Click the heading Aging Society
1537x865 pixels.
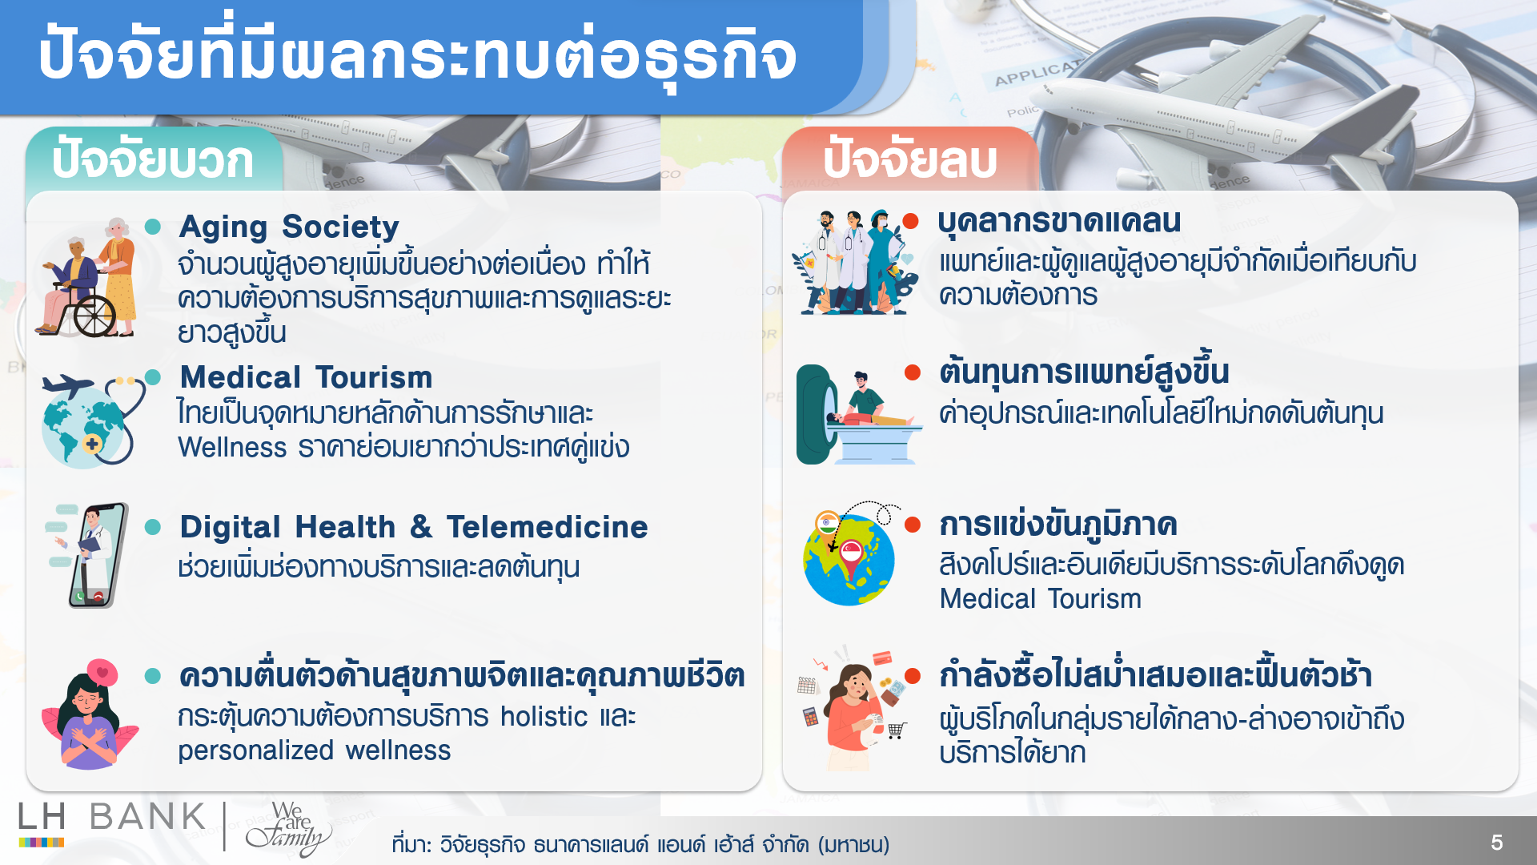pyautogui.click(x=288, y=227)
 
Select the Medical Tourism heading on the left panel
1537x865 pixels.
pyautogui.click(x=306, y=377)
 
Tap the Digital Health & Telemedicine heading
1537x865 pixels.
pyautogui.click(x=413, y=527)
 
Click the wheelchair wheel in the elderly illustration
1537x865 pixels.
pyautogui.click(x=95, y=316)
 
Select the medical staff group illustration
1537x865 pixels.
pyautogui.click(x=854, y=263)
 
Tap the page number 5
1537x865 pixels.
pyautogui.click(x=1496, y=843)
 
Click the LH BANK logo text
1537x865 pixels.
pyautogui.click(x=112, y=817)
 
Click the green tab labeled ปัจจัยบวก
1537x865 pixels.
pyautogui.click(x=153, y=160)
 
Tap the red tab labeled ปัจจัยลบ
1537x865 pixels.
pyautogui.click(x=910, y=160)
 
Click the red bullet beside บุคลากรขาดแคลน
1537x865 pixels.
pyautogui.click(x=910, y=222)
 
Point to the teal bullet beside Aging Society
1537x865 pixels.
pyautogui.click(x=153, y=227)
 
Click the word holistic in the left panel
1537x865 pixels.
pyautogui.click(x=544, y=717)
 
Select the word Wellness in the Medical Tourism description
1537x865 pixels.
pyautogui.click(x=232, y=448)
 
